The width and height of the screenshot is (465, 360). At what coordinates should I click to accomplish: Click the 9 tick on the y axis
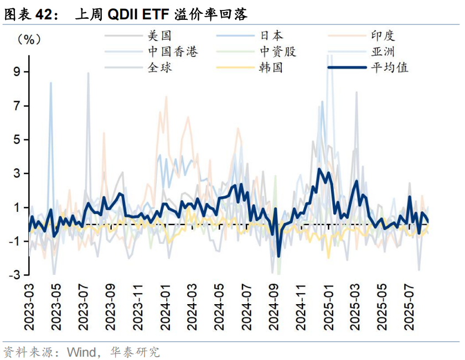click(17, 71)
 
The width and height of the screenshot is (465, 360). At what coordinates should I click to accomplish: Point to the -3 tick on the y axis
click(14, 275)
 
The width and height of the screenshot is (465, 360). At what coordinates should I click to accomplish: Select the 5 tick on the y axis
click(17, 139)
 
